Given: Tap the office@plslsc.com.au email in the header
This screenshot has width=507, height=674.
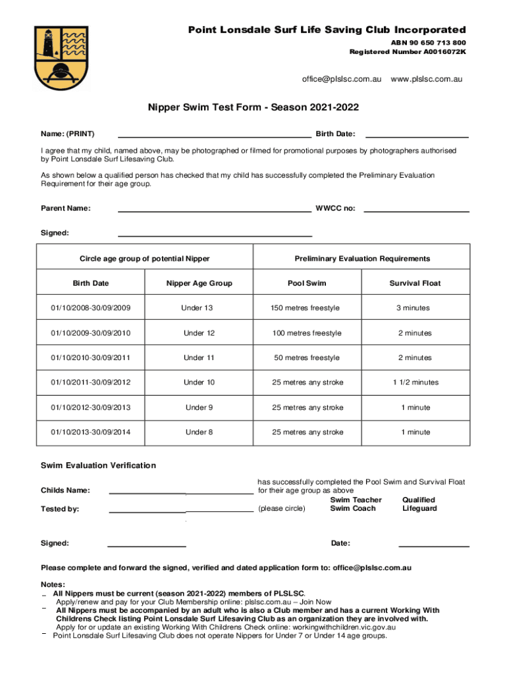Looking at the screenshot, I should click(x=342, y=79).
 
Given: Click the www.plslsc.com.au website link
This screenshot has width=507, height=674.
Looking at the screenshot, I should click(x=427, y=79).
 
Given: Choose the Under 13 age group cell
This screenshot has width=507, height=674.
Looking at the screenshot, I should click(x=199, y=308).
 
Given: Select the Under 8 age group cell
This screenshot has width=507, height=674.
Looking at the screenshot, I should click(x=199, y=432).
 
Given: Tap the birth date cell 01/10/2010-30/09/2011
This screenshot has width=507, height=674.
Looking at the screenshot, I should click(x=90, y=358).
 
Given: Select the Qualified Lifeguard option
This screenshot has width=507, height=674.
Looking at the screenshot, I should click(x=419, y=504).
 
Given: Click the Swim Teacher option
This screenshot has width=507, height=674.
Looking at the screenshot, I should click(x=356, y=500).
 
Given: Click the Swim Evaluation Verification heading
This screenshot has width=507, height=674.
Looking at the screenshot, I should click(x=99, y=465).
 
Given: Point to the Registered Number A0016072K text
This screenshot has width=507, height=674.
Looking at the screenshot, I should click(x=408, y=51).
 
